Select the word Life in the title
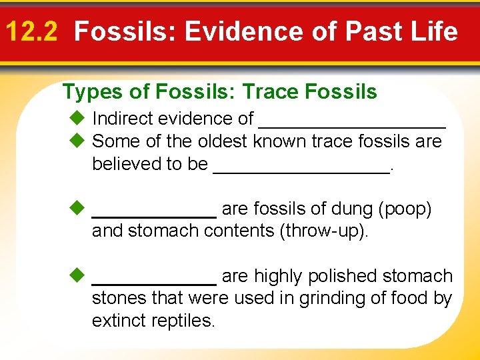pyautogui.click(x=433, y=31)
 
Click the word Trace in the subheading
pyautogui.click(x=271, y=92)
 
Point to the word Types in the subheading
pyautogui.click(x=89, y=92)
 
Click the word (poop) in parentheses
pyautogui.click(x=405, y=209)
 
